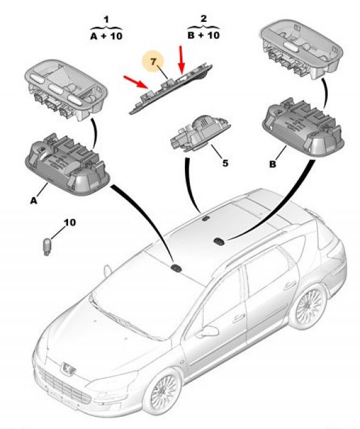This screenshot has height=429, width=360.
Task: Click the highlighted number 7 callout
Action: point(153,62)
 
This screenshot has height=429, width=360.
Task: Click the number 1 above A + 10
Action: point(106,19)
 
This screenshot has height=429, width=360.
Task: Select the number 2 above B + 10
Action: point(204,19)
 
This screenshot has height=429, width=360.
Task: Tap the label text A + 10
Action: point(106,36)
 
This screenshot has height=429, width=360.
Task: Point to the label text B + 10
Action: point(204,35)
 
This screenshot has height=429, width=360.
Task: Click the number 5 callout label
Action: point(225,163)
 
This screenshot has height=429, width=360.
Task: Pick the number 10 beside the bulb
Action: point(70,222)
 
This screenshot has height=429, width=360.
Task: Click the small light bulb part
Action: point(47,246)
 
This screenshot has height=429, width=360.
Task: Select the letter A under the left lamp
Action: point(33,201)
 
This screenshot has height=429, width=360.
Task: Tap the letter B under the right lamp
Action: point(272,164)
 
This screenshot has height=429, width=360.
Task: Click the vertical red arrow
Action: point(181,60)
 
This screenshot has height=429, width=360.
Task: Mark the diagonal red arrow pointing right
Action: point(136,83)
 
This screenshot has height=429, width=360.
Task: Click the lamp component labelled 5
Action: point(200,133)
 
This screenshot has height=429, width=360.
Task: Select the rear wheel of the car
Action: point(308,305)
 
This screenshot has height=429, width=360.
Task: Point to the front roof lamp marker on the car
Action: point(176,268)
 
